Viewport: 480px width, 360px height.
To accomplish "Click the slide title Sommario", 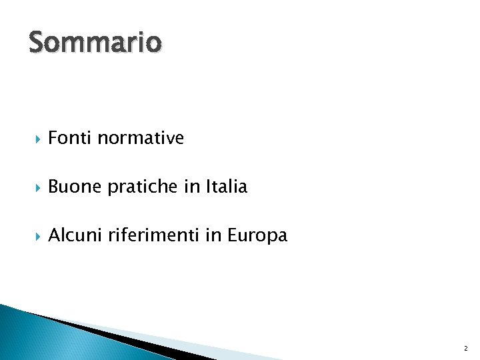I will [95, 43].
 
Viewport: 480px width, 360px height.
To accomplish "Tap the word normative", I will [141, 138].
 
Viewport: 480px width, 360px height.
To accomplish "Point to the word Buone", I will [75, 187].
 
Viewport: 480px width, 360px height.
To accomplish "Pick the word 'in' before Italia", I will [191, 187].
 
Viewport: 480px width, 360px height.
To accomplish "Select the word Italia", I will [226, 187].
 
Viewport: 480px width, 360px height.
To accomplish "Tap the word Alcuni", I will [75, 235].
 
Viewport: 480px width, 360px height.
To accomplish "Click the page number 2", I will [465, 349].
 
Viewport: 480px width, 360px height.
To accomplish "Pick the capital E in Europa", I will [233, 235].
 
